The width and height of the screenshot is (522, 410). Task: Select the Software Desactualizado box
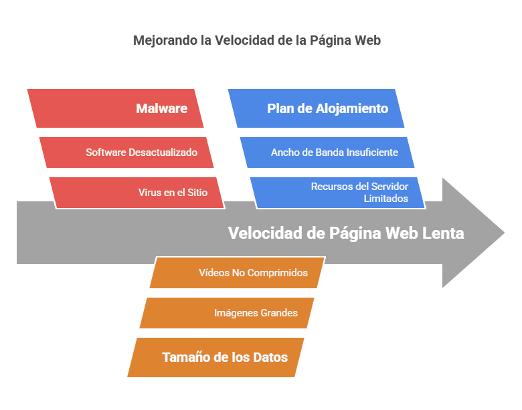pos(127,152)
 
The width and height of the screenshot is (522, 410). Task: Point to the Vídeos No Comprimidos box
pos(238,273)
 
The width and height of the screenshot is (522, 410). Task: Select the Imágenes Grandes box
pos(228,313)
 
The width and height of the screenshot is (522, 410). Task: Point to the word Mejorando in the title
pos(165,40)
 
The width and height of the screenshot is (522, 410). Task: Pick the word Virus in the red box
pos(150,193)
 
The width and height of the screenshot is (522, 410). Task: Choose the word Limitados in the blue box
pos(385,199)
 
